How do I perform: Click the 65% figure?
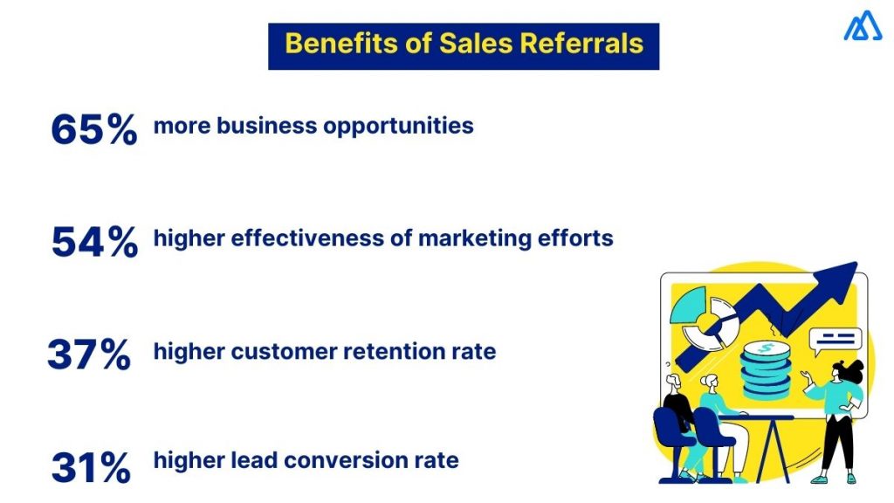pos(93,129)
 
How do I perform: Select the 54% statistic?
pos(94,242)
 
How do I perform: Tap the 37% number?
pos(89,355)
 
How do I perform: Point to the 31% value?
pos(91,467)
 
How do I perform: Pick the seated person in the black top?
pos(677,403)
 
